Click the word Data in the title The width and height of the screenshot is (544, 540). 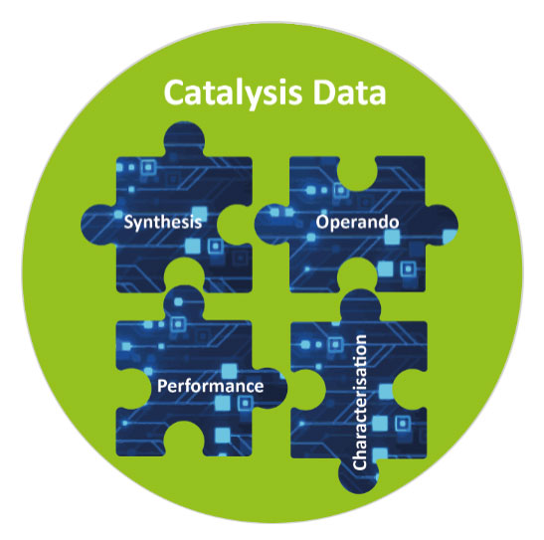(x=349, y=92)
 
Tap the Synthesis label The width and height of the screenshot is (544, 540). (x=163, y=223)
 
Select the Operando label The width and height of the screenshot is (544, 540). (x=357, y=223)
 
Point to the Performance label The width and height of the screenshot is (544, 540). (x=210, y=386)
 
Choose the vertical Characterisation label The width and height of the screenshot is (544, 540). (x=359, y=403)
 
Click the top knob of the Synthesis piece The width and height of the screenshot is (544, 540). (x=184, y=139)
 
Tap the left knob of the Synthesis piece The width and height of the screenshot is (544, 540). (x=98, y=225)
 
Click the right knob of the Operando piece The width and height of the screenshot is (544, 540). (x=442, y=225)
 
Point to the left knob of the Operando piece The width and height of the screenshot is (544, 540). (x=273, y=225)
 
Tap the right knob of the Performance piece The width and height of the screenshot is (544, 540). (x=270, y=388)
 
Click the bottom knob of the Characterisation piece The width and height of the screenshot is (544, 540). (x=358, y=474)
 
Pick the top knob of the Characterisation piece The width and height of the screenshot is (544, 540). (x=361, y=305)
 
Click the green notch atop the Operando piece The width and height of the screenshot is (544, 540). (x=357, y=173)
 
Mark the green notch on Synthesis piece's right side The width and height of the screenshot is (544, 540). (x=235, y=225)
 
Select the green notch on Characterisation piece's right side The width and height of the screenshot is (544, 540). (x=410, y=389)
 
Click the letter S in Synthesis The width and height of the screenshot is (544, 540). (x=128, y=222)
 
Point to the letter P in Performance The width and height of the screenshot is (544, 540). (x=162, y=386)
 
